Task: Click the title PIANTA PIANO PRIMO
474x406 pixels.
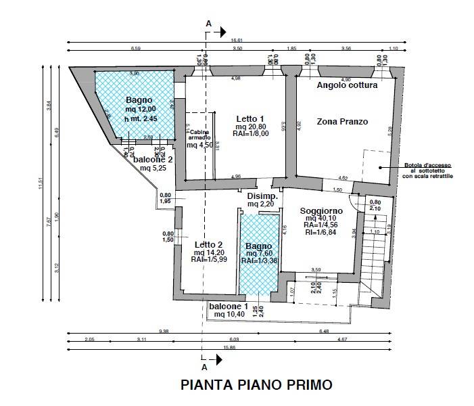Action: point(256,385)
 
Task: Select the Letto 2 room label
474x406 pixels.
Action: point(208,244)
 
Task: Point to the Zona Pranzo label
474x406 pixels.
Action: point(342,122)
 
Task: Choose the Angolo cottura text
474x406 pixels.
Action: point(347,85)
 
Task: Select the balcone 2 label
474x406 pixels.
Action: point(153,160)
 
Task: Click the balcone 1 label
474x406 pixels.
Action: point(228,307)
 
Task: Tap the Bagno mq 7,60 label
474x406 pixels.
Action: point(259,246)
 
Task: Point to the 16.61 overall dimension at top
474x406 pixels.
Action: point(237,41)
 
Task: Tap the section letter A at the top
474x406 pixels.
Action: point(208,24)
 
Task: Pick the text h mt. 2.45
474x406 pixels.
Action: point(141,119)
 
